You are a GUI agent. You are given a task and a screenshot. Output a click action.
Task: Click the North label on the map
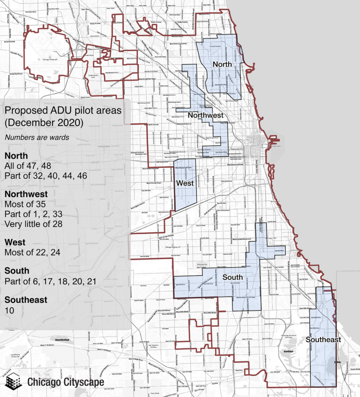pos(222,64)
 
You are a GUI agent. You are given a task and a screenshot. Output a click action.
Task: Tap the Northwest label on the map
pos(205,115)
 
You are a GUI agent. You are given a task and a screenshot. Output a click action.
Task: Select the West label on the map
pos(185,183)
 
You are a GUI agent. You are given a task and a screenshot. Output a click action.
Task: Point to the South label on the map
pos(232,277)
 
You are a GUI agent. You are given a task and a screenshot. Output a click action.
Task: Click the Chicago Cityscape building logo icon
pos(15,381)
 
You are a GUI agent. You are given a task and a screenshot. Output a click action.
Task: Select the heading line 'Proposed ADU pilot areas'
pos(62,111)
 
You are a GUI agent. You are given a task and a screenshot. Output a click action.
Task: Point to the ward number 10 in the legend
pos(9,310)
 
